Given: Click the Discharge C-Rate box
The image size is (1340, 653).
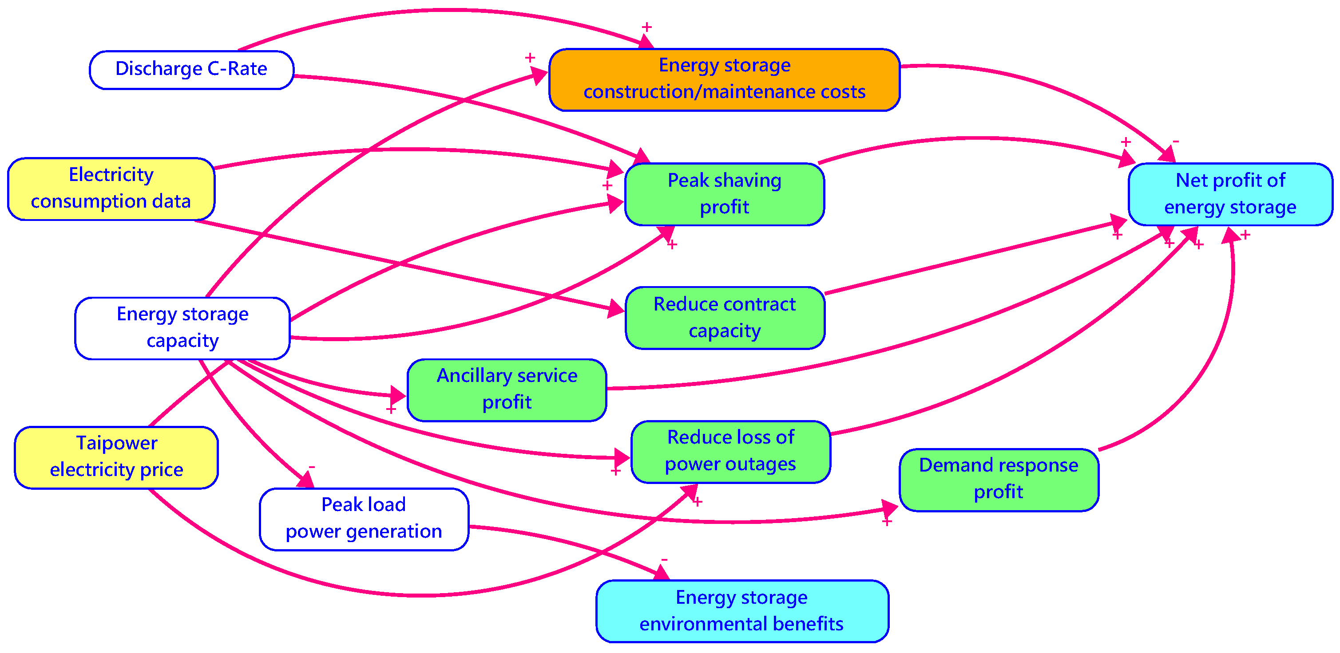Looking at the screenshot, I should coord(191,70).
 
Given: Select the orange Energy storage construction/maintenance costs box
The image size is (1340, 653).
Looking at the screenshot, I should coord(724,79).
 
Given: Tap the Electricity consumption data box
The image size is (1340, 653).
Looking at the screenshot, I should coord(111,189).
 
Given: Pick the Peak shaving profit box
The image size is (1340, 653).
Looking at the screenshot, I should coord(724,194).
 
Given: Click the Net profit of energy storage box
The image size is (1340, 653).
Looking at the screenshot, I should coord(1230,194).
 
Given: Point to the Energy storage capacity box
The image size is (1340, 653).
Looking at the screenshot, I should coord(182,328).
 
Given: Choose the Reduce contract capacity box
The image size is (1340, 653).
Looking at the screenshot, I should coord(724,318).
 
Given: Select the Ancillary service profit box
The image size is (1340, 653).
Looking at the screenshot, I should coord(507,389).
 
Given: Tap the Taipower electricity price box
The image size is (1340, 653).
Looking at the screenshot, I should coord(116,457).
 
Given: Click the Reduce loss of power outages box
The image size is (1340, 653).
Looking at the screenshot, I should coord(730,451).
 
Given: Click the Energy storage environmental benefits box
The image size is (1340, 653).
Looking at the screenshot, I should coord(742,611).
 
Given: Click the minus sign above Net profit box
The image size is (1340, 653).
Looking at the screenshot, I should coord(1176,142).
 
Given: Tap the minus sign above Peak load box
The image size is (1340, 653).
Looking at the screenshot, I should coord(312,467).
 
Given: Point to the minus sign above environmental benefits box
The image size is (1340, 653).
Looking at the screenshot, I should coord(664,559).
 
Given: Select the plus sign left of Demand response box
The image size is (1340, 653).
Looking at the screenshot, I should coord(887,521).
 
